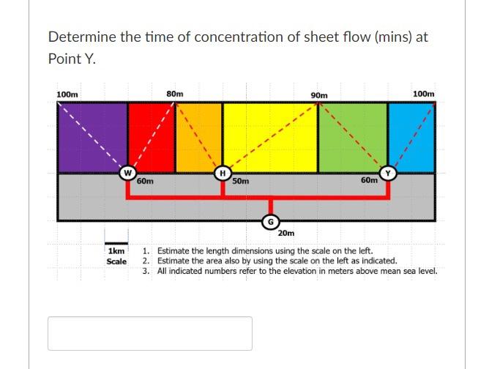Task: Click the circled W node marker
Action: pos(127,173)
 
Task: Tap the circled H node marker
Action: pos(220,173)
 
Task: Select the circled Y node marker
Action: pos(389,173)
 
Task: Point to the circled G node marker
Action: pos(270,220)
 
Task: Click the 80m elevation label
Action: pos(175,94)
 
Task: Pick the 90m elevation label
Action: pos(319,95)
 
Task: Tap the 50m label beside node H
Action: pos(241,180)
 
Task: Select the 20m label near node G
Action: pos(286,234)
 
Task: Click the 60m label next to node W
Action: pos(145,180)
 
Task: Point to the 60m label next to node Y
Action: pos(369,179)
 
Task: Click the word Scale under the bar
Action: pos(116,261)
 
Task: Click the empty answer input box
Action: pos(150,333)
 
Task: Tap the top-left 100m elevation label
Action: pos(68,94)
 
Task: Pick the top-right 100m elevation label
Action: pos(423,94)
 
